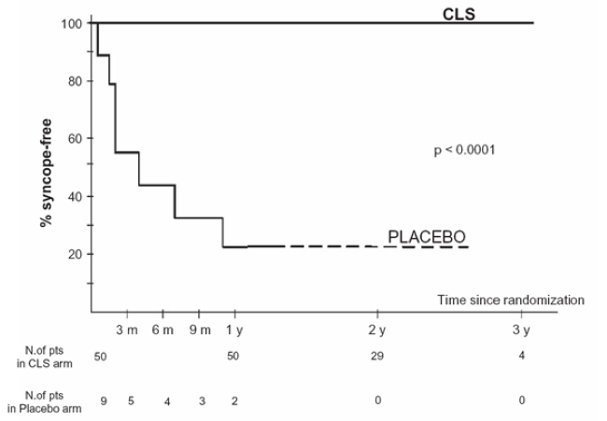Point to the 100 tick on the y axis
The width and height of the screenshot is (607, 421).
point(71,22)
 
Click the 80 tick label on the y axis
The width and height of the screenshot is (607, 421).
point(74,81)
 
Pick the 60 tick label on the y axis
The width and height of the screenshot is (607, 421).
point(74,139)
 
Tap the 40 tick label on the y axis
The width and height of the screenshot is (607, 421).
point(74,197)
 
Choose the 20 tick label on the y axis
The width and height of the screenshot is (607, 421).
point(74,255)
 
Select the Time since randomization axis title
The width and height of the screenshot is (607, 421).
point(511,300)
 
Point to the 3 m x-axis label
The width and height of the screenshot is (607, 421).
point(126,331)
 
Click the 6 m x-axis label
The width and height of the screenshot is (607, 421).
point(162,331)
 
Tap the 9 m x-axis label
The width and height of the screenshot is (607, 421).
point(198,331)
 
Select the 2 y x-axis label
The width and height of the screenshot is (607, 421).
point(377,331)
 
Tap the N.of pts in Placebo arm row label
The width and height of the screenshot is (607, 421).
point(44,400)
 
